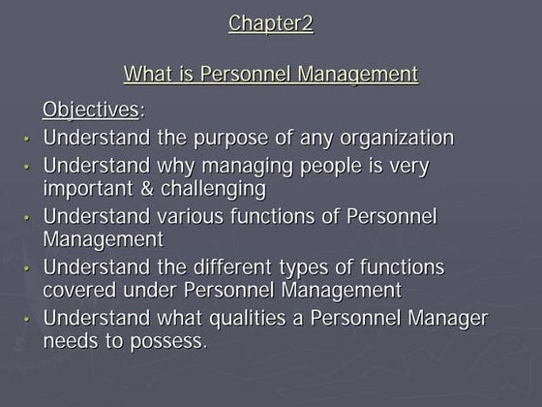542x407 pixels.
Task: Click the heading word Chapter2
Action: click(271, 23)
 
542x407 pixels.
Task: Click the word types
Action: click(334, 266)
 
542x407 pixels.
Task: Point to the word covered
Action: click(82, 290)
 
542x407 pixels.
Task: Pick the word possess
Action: click(171, 341)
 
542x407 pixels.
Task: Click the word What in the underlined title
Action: click(146, 75)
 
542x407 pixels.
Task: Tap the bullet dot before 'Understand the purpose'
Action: click(30, 139)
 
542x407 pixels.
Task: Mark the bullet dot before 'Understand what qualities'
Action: click(30, 321)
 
